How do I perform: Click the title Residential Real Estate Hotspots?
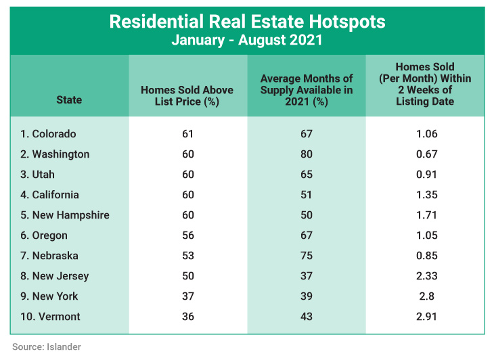tap(247, 22)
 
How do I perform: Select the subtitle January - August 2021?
tap(247, 40)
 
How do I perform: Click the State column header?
tap(69, 99)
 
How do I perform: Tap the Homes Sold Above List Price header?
tap(187, 95)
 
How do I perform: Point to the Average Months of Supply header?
tap(307, 90)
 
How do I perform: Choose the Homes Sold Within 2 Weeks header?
tap(425, 84)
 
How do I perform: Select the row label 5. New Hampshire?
tap(64, 215)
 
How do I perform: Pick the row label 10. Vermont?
tap(50, 317)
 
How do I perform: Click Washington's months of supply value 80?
tap(307, 154)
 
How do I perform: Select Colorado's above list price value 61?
tap(187, 134)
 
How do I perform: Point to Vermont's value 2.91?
tap(425, 317)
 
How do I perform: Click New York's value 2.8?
tap(425, 296)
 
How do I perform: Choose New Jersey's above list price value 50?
tap(187, 276)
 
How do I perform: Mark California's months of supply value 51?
tap(307, 195)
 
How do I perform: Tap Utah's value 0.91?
tap(425, 175)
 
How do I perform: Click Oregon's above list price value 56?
tap(187, 235)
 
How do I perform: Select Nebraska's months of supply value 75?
tap(307, 256)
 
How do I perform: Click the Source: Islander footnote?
tap(46, 347)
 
